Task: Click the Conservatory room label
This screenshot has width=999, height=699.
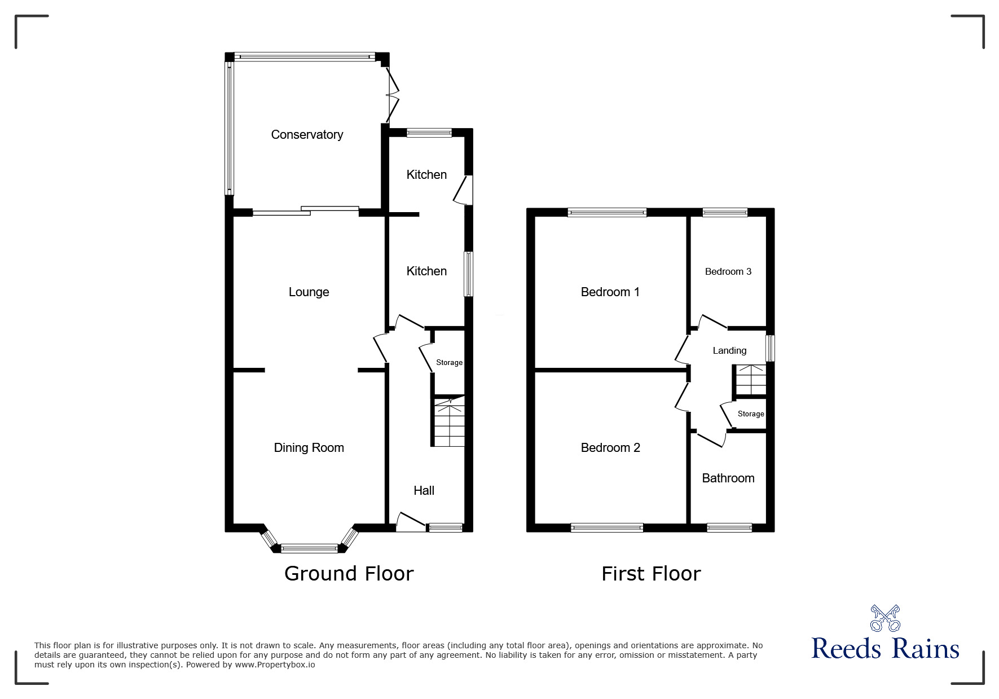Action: (x=307, y=135)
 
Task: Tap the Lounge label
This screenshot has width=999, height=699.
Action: (x=309, y=292)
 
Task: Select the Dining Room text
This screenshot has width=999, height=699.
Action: (x=309, y=448)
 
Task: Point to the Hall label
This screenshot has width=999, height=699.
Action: (x=424, y=491)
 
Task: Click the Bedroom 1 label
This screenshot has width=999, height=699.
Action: (x=610, y=292)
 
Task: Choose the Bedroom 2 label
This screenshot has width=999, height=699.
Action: (x=610, y=448)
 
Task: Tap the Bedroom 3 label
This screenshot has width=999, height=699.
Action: (x=728, y=272)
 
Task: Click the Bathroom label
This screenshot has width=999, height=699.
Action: (x=728, y=478)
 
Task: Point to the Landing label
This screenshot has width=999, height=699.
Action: (x=729, y=351)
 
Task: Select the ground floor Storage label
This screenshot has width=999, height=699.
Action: (x=449, y=363)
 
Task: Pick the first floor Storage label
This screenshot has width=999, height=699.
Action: (x=750, y=414)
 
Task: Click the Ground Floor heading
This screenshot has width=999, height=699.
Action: (x=349, y=574)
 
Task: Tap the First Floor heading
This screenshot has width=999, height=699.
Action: (x=651, y=574)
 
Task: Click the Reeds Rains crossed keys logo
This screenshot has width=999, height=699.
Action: (x=884, y=618)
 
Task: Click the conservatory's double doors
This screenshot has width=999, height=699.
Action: (x=391, y=95)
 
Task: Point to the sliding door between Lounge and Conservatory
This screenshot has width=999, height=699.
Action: (x=305, y=212)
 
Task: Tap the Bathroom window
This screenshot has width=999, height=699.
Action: (x=729, y=527)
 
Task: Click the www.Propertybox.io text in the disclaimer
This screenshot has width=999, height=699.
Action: (x=275, y=665)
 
